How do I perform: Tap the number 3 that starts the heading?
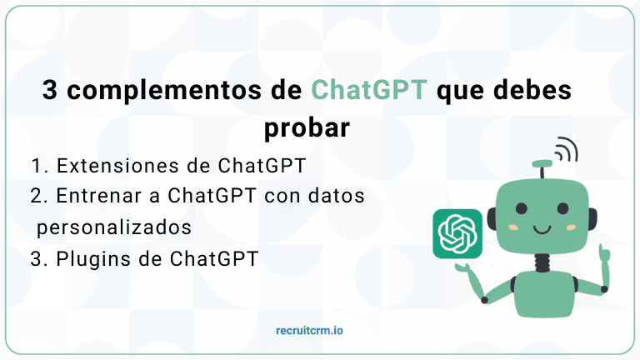[51, 90]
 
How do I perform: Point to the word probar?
[305, 129]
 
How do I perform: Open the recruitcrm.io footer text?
[310, 331]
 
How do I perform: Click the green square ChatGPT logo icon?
[457, 233]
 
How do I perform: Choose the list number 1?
[39, 165]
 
